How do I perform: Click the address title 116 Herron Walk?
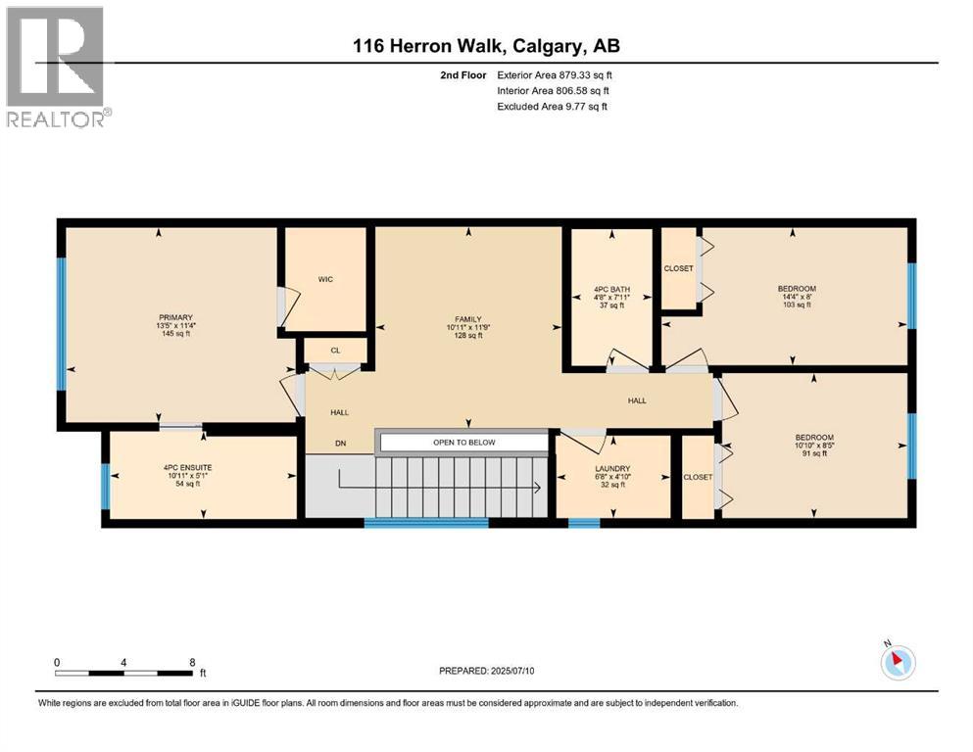[486, 46]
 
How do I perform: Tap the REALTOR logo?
[58, 68]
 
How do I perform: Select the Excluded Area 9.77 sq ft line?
[552, 106]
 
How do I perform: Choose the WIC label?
[325, 279]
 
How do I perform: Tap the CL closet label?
[335, 350]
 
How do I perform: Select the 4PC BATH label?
[612, 290]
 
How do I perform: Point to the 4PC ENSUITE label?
[188, 468]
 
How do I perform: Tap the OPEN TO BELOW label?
[464, 443]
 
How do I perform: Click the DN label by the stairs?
[341, 444]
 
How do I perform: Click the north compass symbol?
[898, 662]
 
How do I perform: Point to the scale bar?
[124, 673]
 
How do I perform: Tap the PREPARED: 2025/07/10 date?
[493, 671]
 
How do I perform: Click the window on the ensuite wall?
[105, 486]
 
